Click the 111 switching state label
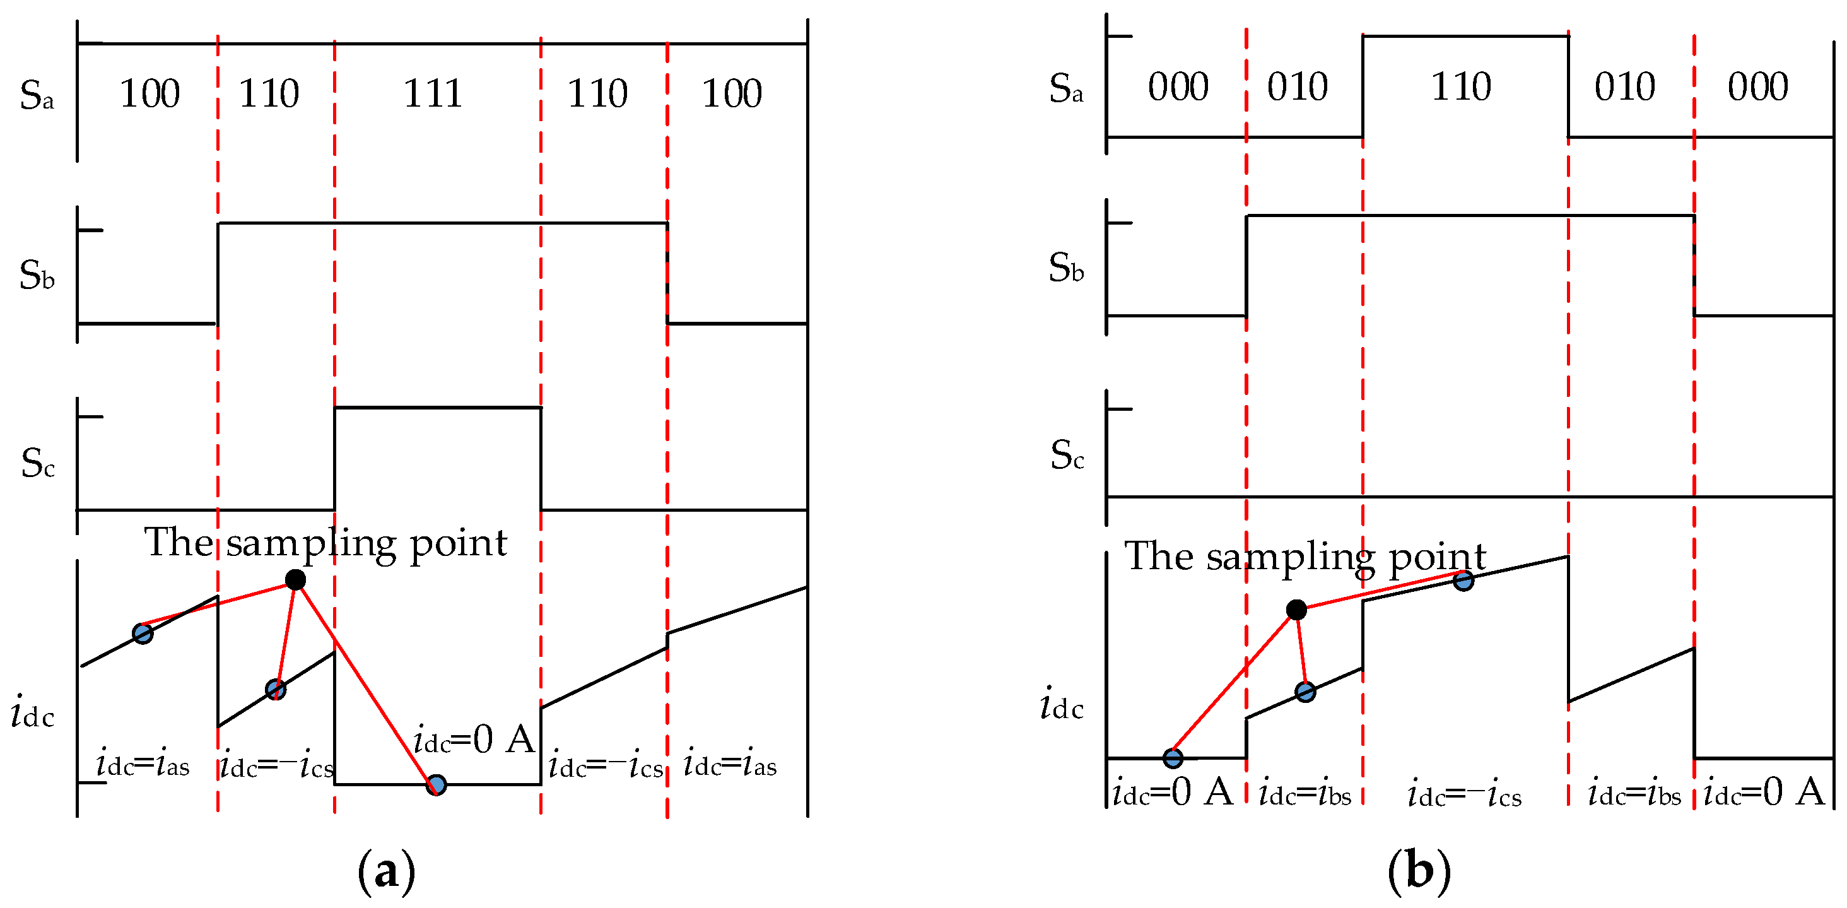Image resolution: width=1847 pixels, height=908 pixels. (x=432, y=93)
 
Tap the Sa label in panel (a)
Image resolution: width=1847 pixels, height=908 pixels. (x=37, y=95)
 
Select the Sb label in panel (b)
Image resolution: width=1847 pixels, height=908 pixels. (x=1065, y=268)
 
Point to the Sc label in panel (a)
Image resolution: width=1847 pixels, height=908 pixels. (x=37, y=463)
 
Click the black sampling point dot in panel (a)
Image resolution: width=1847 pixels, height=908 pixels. (x=295, y=579)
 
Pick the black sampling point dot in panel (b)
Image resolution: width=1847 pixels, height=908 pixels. (x=1296, y=610)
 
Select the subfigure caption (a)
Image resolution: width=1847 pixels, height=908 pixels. (x=387, y=872)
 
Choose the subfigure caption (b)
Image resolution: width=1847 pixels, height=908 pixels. (x=1419, y=872)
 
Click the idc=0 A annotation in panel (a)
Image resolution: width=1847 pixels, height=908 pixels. (x=474, y=740)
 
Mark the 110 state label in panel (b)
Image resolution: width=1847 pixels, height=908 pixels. (x=1461, y=87)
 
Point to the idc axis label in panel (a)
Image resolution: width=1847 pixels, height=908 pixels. (x=32, y=714)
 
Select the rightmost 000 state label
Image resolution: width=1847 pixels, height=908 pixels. (x=1757, y=87)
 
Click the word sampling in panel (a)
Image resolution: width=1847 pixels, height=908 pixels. (x=312, y=544)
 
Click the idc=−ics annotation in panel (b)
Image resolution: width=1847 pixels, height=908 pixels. (x=1464, y=794)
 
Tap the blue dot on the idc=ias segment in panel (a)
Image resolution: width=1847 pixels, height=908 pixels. (x=143, y=634)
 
